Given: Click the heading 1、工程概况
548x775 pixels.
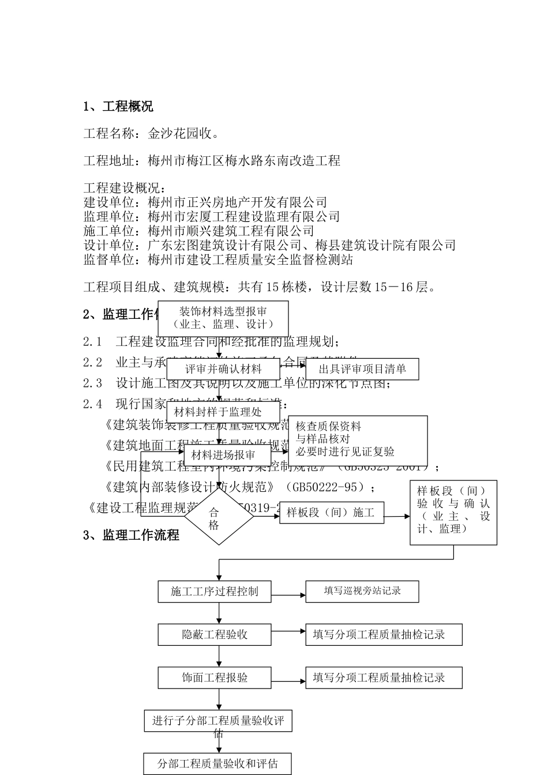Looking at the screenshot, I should [118, 107].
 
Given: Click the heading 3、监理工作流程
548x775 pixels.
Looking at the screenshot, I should [131, 535].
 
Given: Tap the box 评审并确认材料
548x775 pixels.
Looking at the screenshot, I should [223, 369].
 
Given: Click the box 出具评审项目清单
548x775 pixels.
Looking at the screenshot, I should [362, 369].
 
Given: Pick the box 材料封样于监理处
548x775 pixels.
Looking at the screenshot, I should [217, 412].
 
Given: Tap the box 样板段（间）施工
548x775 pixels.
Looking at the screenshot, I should [332, 513].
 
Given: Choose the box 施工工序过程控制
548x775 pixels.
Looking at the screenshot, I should [215, 592].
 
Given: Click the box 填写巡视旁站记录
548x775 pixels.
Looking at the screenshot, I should [362, 591].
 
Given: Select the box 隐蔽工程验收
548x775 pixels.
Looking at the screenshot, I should [215, 634].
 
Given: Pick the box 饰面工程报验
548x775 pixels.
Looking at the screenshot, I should [215, 678].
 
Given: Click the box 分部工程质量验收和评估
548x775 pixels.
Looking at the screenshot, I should [217, 763].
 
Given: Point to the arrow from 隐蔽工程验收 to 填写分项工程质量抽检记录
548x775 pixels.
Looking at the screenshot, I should [288, 632].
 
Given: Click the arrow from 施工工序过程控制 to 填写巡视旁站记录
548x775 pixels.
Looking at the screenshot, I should [288, 595].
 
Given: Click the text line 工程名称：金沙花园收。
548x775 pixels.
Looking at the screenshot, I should [151, 134].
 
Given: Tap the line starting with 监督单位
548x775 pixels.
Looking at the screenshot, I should [218, 259].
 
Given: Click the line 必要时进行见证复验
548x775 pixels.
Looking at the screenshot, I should [345, 452].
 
